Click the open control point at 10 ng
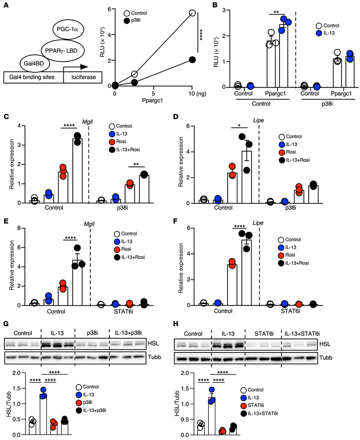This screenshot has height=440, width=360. pyautogui.click(x=192, y=13)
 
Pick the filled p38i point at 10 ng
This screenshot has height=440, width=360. pyautogui.click(x=192, y=60)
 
